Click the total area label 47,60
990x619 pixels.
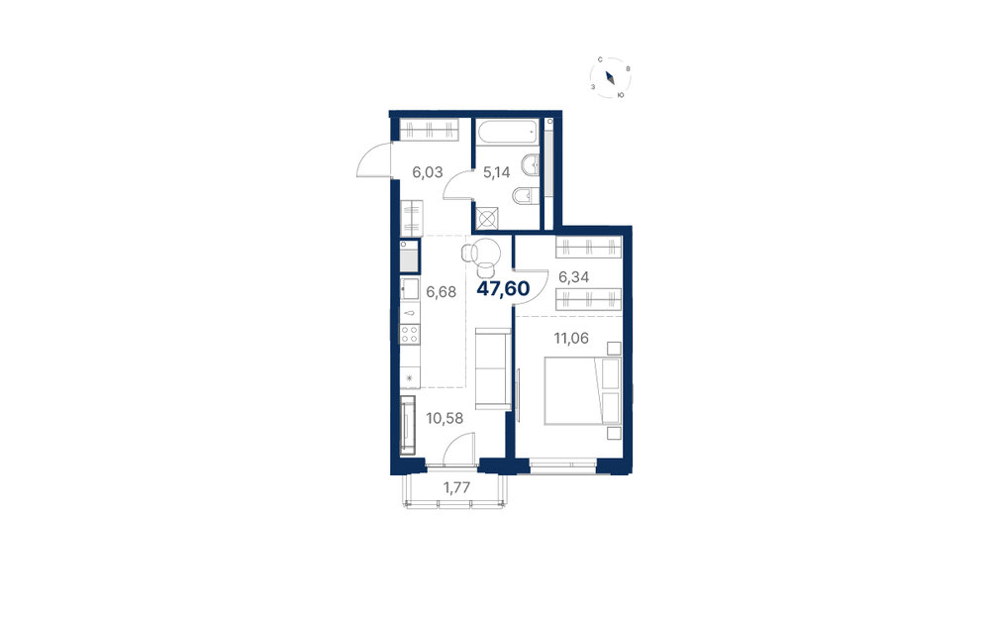(503, 288)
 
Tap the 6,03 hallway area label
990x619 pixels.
(428, 171)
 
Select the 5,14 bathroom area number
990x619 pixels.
(496, 171)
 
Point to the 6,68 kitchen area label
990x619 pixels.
(441, 292)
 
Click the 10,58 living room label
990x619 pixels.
(445, 418)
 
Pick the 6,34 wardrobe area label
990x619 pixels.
(574, 276)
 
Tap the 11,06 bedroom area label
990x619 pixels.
(571, 339)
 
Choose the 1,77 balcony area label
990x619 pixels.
(455, 487)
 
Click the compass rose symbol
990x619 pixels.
(611, 77)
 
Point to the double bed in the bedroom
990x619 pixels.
(583, 390)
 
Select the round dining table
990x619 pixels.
(485, 253)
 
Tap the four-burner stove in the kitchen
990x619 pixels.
(410, 333)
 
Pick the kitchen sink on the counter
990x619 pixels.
(410, 289)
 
